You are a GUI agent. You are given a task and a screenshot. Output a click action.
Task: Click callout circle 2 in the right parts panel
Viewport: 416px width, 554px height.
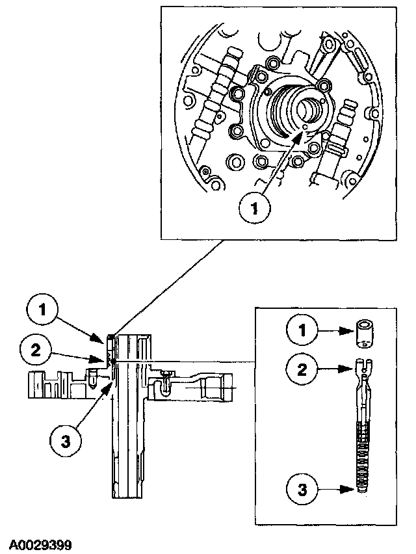coord(301,370)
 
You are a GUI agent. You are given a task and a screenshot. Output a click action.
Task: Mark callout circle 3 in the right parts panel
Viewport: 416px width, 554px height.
coord(301,486)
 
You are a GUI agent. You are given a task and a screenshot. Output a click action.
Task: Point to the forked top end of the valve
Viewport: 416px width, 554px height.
coord(364,365)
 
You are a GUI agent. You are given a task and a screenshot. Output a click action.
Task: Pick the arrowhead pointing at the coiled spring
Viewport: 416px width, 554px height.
coord(352,486)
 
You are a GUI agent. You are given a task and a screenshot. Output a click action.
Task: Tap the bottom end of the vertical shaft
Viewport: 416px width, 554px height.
coord(131,494)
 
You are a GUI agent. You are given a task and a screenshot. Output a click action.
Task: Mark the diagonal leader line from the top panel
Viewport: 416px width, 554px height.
coord(169,287)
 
